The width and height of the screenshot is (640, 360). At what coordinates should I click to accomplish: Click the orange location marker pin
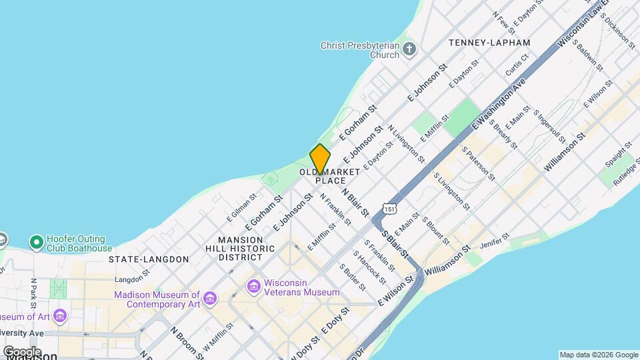pyautogui.click(x=320, y=159)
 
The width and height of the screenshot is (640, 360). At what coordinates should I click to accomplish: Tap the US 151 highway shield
pyautogui.click(x=390, y=209)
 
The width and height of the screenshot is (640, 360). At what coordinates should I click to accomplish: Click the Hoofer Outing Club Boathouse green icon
pyautogui.click(x=36, y=241)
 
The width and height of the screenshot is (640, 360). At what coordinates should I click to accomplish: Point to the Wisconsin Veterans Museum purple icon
pyautogui.click(x=253, y=286)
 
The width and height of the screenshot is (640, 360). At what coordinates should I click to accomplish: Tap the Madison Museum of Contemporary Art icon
pyautogui.click(x=210, y=297)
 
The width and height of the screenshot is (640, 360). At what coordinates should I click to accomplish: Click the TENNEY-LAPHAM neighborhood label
pyautogui.click(x=489, y=43)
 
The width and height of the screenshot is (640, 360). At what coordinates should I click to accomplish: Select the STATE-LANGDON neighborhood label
pyautogui.click(x=149, y=259)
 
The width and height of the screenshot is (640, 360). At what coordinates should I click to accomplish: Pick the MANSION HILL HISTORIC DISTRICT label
pyautogui.click(x=247, y=248)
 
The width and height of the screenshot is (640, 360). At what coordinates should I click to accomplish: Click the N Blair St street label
pyautogui.click(x=355, y=201)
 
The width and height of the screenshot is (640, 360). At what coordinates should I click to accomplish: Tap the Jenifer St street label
pyautogui.click(x=495, y=241)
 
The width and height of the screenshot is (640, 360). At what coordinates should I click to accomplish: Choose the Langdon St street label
pyautogui.click(x=132, y=279)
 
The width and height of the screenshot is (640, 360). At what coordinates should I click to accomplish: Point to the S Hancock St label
pyautogui.click(x=369, y=265)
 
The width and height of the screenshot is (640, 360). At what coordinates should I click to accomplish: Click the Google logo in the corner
pyautogui.click(x=21, y=351)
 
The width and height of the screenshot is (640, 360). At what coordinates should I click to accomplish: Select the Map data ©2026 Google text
pyautogui.click(x=598, y=355)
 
